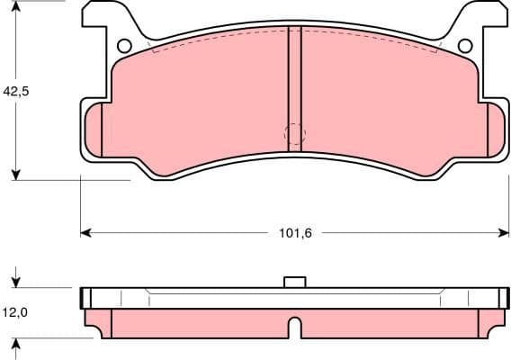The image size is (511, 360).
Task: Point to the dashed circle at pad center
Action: click(294, 134)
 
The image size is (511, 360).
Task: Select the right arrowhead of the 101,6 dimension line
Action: click(502, 233)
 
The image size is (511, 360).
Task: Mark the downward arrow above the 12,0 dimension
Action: click(16, 280)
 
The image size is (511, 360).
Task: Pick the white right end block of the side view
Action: click(502, 297)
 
